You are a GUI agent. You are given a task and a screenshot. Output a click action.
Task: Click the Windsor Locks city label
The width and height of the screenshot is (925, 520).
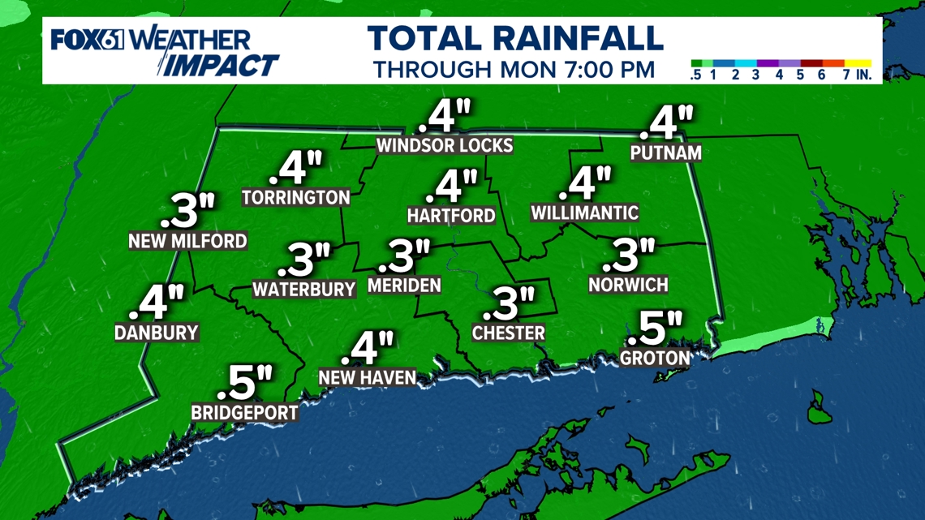coord(445,145)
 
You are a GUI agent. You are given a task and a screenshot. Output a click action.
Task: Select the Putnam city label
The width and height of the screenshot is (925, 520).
coord(666,152)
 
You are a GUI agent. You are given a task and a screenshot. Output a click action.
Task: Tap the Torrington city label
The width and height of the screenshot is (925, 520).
coord(296,197)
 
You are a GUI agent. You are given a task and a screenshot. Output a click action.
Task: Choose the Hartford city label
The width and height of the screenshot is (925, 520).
coord(451,215)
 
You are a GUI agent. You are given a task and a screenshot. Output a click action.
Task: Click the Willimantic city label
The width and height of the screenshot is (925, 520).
coord(584,213)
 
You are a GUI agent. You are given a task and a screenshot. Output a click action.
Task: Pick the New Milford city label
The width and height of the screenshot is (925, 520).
coord(187,241)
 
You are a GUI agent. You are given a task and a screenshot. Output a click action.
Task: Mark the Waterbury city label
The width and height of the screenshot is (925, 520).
coord(304,289)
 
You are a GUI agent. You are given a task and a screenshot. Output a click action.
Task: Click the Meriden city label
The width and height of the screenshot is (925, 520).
coord(404,285)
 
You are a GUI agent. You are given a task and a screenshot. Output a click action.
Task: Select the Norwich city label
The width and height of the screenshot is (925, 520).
coord(628,284)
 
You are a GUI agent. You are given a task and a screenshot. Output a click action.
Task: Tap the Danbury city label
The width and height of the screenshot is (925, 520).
coord(157,333)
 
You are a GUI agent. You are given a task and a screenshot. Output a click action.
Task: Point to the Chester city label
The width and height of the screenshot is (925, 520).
coord(509,333)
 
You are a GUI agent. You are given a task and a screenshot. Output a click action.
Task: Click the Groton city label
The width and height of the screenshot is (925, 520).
coord(655,357)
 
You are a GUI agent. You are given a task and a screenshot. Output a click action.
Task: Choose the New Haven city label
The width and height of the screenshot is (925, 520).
coord(368,377)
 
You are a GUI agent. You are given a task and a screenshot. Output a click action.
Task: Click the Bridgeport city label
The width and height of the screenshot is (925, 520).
coord(244,413)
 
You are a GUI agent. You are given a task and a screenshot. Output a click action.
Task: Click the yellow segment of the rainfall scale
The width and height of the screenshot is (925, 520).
coord(858,63)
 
